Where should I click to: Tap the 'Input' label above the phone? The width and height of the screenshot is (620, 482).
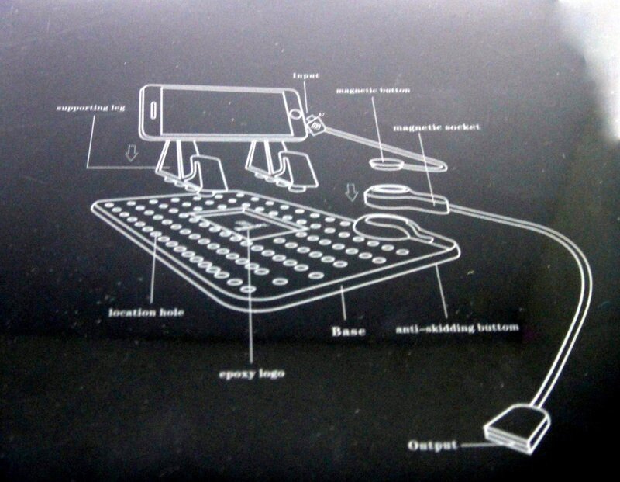[303, 75]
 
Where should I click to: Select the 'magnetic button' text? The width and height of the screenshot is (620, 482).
[373, 91]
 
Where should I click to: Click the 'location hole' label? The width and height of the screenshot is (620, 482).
[139, 314]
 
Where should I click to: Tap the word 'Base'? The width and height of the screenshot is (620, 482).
[349, 331]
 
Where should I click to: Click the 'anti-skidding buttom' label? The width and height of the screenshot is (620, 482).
[456, 329]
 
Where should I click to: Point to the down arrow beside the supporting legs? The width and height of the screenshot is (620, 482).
[132, 155]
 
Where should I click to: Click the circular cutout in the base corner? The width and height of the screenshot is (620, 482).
[387, 230]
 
